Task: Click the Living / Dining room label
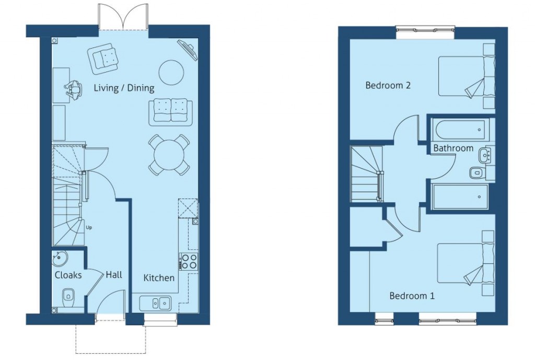coord(124,88)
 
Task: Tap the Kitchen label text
coord(159,277)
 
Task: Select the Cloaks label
coord(68,274)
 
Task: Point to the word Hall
coord(114,274)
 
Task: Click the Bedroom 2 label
coord(388,85)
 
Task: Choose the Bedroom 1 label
coord(412,296)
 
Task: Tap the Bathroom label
coord(453,148)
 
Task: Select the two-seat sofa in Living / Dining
coord(170,111)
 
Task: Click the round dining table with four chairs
coord(169,155)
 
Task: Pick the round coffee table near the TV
coord(171,72)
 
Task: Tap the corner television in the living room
coord(188,50)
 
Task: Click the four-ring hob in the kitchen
coord(189,261)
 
